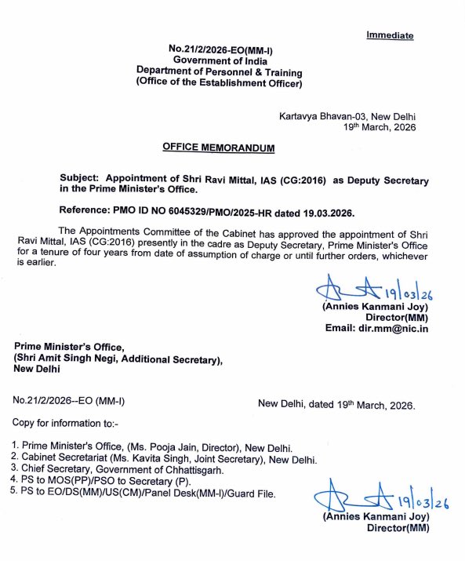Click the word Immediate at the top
click(x=390, y=35)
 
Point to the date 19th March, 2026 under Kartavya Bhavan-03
click(x=380, y=126)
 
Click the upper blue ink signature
click(x=368, y=292)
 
